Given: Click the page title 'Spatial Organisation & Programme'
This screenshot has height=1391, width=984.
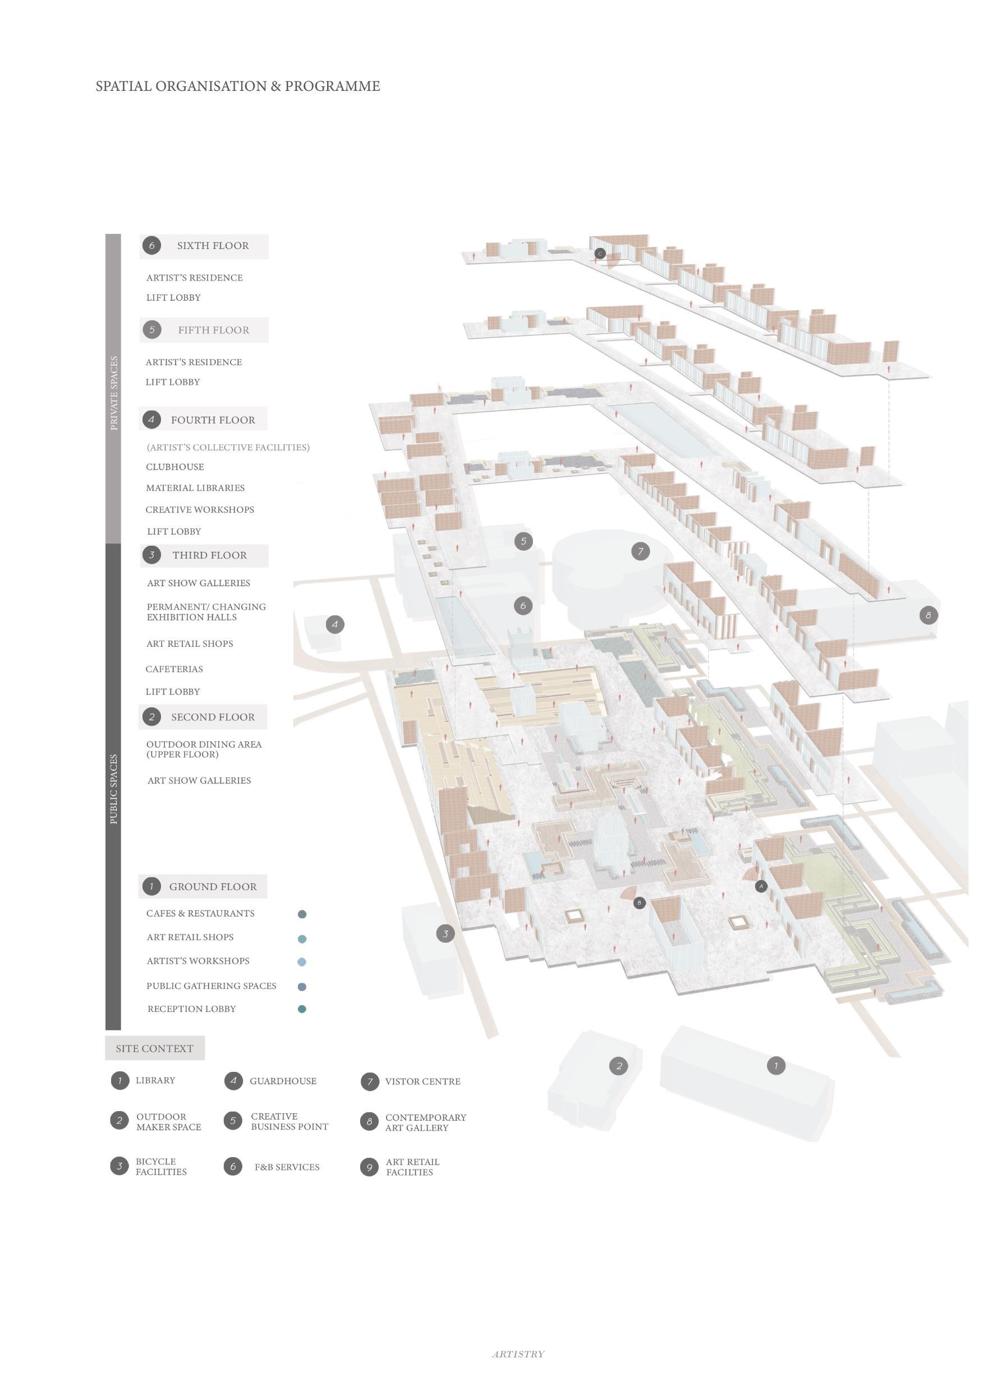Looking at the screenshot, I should tap(237, 86).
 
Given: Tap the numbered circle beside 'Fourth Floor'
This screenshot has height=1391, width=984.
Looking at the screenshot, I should tap(151, 419).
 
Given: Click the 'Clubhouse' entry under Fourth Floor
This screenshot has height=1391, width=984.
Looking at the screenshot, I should tap(174, 467).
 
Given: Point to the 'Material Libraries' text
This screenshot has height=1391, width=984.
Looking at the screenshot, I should tap(195, 489).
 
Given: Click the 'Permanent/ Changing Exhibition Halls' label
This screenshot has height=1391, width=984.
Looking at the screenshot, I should tap(206, 612).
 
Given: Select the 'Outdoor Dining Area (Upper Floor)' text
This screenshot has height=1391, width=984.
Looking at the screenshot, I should tap(204, 749).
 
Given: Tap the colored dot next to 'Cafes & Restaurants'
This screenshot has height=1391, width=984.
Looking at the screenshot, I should tap(302, 914).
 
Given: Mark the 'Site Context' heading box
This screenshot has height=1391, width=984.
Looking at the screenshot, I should tap(154, 1049).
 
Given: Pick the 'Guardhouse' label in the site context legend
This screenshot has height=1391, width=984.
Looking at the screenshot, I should tap(283, 1081).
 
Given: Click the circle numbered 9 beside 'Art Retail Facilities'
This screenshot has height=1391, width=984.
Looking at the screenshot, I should tap(369, 1167).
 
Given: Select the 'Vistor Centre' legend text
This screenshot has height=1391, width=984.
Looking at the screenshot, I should tap(422, 1082).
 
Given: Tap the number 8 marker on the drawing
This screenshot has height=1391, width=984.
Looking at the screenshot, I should tap(928, 615).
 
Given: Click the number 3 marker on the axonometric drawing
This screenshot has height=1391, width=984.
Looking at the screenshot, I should tap(445, 933).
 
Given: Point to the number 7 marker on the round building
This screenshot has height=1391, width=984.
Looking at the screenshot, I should tap(641, 551).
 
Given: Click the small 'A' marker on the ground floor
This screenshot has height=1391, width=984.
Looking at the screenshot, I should tap(761, 886).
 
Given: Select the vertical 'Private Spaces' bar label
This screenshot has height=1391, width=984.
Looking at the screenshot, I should tap(113, 393).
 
